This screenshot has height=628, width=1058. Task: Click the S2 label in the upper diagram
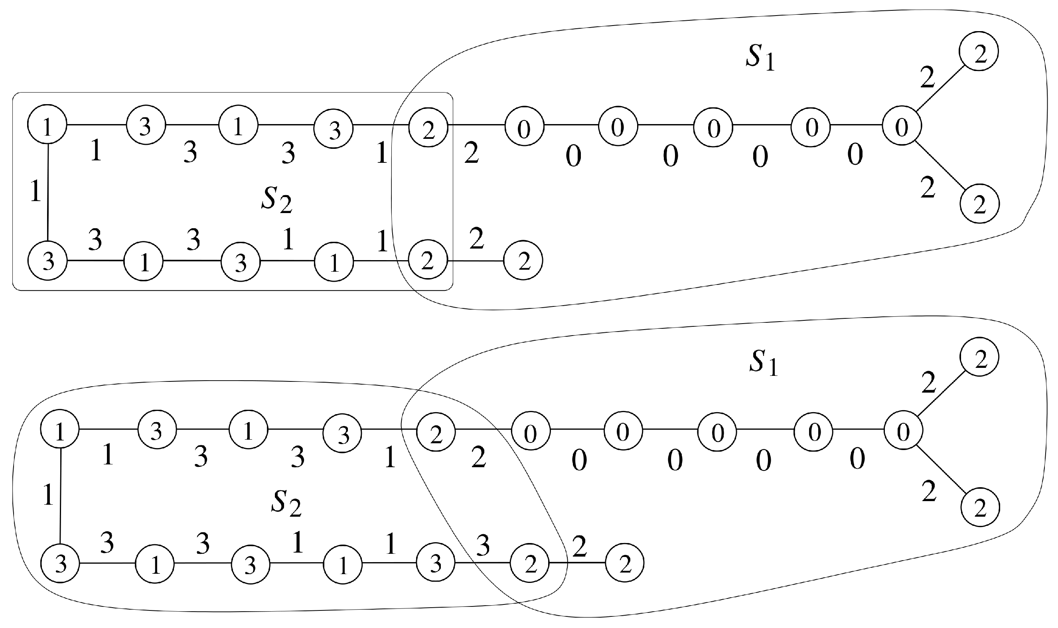pos(276,200)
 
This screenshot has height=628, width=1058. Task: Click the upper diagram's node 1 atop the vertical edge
pos(47,125)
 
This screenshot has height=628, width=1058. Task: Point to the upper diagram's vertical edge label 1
pos(36,191)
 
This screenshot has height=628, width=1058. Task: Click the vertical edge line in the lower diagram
pos(61,496)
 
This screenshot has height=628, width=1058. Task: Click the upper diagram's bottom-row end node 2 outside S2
pos(523,261)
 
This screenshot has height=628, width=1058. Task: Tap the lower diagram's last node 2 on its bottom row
pos(624,563)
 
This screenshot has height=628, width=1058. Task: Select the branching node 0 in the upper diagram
pos(902,126)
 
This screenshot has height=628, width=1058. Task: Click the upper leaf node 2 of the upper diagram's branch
pos(979,51)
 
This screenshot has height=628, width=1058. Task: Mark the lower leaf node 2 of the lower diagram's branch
pos(980,508)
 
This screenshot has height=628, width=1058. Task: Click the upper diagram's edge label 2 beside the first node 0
pos(472,153)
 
